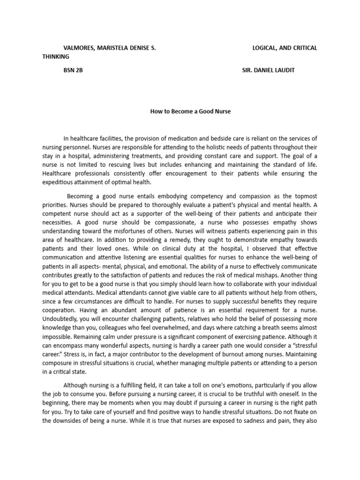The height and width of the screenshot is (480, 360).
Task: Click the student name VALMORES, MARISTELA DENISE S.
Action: (110, 48)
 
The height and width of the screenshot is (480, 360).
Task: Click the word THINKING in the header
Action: (56, 57)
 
